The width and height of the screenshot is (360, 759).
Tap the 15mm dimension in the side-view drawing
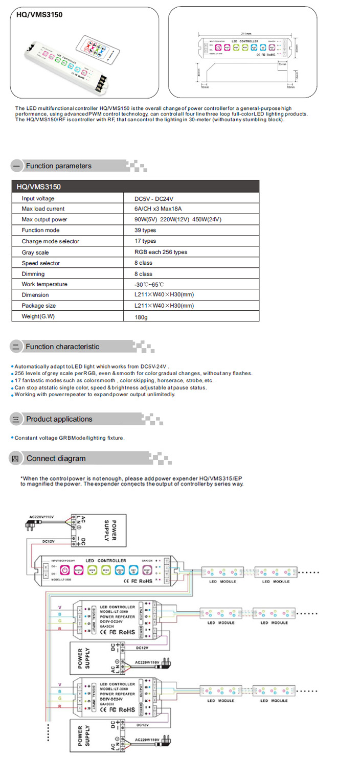click(282, 65)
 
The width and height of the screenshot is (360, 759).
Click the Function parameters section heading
click(58, 166)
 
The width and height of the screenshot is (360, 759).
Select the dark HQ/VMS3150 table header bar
click(135, 187)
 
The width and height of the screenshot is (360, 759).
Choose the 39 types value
click(145, 231)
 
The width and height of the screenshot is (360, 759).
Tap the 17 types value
click(145, 241)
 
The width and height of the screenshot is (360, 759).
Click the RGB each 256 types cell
click(161, 252)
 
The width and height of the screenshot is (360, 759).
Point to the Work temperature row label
click(44, 284)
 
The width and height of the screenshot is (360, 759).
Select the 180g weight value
click(141, 317)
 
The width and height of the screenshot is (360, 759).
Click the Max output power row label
click(44, 220)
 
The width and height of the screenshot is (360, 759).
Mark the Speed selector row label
click(41, 263)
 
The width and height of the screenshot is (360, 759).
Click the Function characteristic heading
click(62, 347)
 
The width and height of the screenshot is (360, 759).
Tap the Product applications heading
click(59, 419)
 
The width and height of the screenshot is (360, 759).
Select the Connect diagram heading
click(56, 459)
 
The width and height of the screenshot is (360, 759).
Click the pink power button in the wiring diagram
click(65, 568)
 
